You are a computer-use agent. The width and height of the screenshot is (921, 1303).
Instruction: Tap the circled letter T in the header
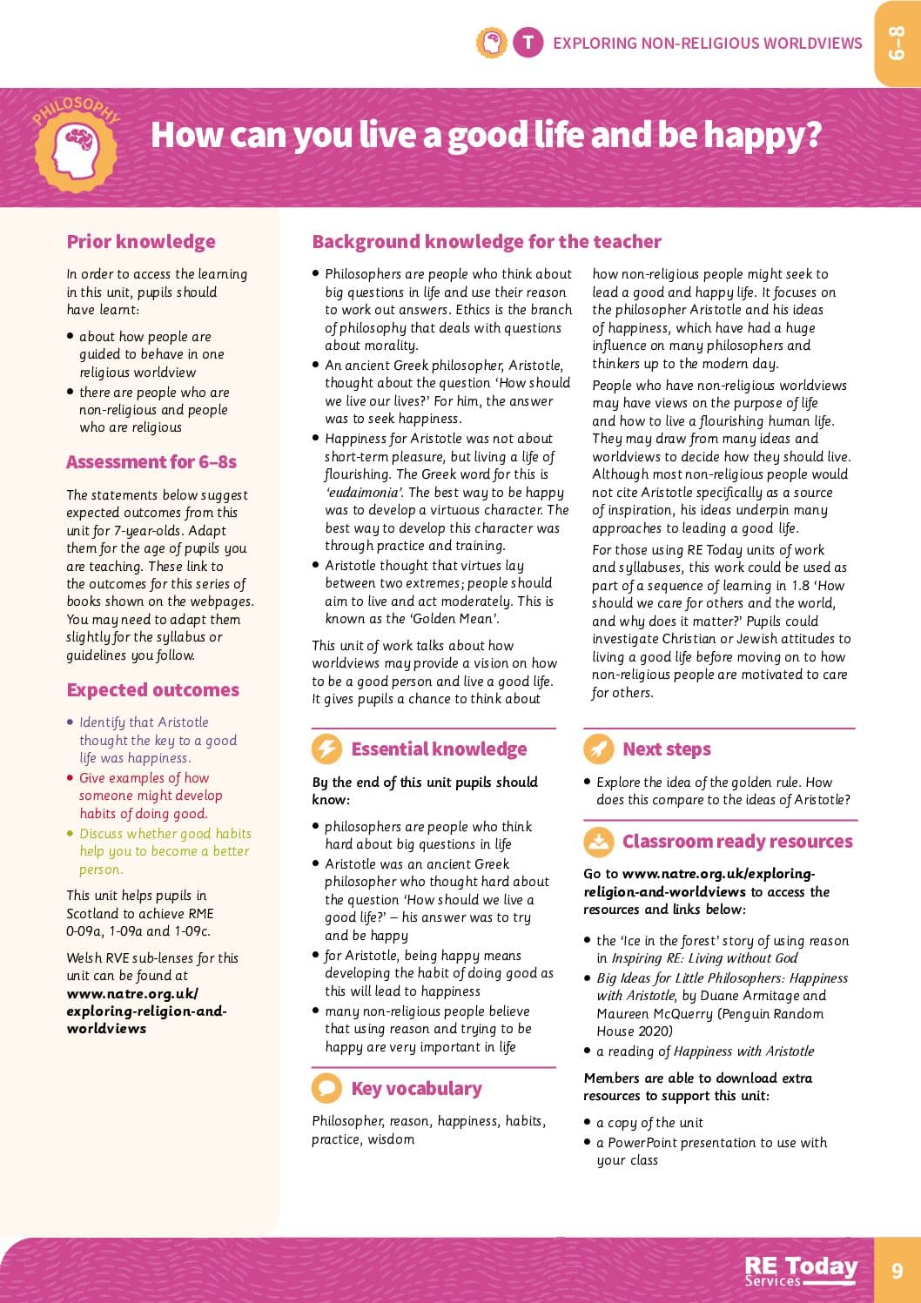[528, 42]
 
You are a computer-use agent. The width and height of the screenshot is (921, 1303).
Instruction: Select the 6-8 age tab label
[897, 43]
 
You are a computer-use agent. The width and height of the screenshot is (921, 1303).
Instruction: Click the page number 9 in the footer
[897, 1271]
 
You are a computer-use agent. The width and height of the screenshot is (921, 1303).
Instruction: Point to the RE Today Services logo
[801, 1270]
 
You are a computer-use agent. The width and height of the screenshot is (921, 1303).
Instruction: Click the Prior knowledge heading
[141, 242]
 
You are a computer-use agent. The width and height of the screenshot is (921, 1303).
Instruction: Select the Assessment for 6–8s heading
[151, 462]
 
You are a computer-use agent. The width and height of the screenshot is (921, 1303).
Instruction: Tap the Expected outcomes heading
[152, 690]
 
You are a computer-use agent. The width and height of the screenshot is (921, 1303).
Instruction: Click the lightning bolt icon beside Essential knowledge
[326, 749]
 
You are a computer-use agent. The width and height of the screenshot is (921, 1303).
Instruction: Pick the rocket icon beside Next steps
[598, 749]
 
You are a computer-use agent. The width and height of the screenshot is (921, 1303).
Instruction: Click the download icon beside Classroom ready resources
[598, 841]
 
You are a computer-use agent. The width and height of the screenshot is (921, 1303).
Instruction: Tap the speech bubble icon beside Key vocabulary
[326, 1088]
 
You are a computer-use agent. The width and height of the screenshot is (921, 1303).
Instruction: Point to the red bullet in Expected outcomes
[71, 778]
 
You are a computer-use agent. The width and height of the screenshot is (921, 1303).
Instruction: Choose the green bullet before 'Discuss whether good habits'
[71, 834]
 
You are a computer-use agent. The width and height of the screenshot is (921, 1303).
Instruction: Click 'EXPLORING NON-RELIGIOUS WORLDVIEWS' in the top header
[707, 43]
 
